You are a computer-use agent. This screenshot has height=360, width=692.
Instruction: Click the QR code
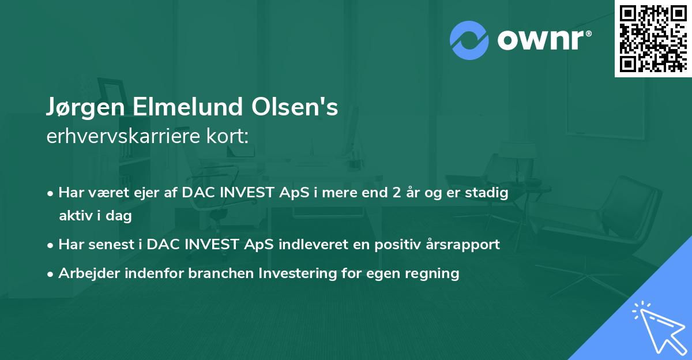(x=653, y=39)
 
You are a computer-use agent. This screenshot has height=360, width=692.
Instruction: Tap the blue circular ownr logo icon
(x=469, y=40)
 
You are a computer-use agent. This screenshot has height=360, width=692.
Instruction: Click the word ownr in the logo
(x=541, y=40)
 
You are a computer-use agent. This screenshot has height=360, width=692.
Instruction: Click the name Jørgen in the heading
(x=86, y=107)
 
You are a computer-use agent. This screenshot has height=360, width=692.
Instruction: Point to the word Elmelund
(x=188, y=107)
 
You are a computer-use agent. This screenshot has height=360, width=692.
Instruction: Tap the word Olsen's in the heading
(x=295, y=107)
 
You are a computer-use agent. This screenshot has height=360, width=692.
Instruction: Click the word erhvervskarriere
(x=123, y=136)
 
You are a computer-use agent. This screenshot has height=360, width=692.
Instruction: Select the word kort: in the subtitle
(x=227, y=136)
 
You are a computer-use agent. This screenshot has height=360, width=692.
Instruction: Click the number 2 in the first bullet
(x=397, y=193)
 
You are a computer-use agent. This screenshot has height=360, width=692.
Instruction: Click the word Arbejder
(x=89, y=273)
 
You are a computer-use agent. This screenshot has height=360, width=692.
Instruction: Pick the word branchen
(x=221, y=273)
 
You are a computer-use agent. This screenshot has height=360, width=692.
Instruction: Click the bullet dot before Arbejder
(x=50, y=274)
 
